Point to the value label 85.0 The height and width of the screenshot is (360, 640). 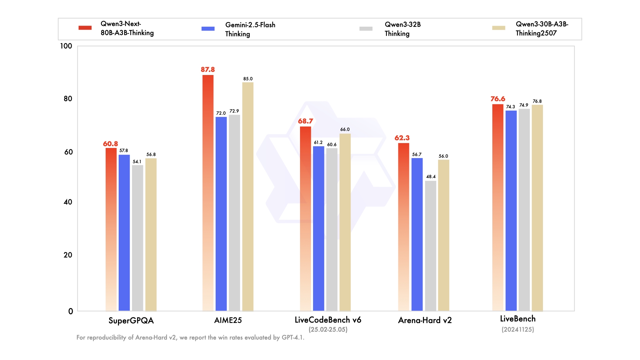[x=248, y=79]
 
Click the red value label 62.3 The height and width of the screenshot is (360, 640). [x=402, y=138]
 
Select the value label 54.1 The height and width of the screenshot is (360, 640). [x=137, y=162]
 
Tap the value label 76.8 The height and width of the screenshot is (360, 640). [x=537, y=101]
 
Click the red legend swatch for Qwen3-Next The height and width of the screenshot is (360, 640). [x=85, y=28]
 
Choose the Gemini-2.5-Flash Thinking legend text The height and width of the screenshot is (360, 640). [x=250, y=29]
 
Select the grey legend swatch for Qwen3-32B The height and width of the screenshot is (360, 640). [x=366, y=29]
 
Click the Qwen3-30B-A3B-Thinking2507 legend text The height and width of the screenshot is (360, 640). [x=542, y=29]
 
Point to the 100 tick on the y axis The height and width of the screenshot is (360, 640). [x=66, y=46]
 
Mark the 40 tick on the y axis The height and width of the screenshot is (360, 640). [x=68, y=202]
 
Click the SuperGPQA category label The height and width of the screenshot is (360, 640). [x=131, y=321]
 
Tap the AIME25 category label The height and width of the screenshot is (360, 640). [x=228, y=320]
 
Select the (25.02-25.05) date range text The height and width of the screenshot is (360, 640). [x=328, y=330]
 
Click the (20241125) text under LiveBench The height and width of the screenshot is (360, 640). [x=518, y=330]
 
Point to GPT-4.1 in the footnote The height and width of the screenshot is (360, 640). [x=292, y=338]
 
